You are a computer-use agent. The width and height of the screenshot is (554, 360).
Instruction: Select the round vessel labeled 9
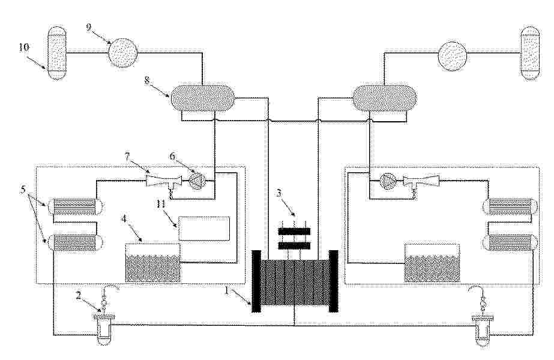tap(123, 53)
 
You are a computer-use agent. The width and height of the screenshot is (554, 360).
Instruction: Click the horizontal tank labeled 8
tap(202, 97)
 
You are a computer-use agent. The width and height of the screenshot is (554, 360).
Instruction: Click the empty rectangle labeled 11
tap(203, 229)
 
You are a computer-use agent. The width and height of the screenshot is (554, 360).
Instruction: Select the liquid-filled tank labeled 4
tap(152, 262)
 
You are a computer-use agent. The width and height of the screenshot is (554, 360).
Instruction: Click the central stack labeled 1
tap(295, 281)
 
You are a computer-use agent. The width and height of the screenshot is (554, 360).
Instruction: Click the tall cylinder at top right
tap(531, 53)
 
